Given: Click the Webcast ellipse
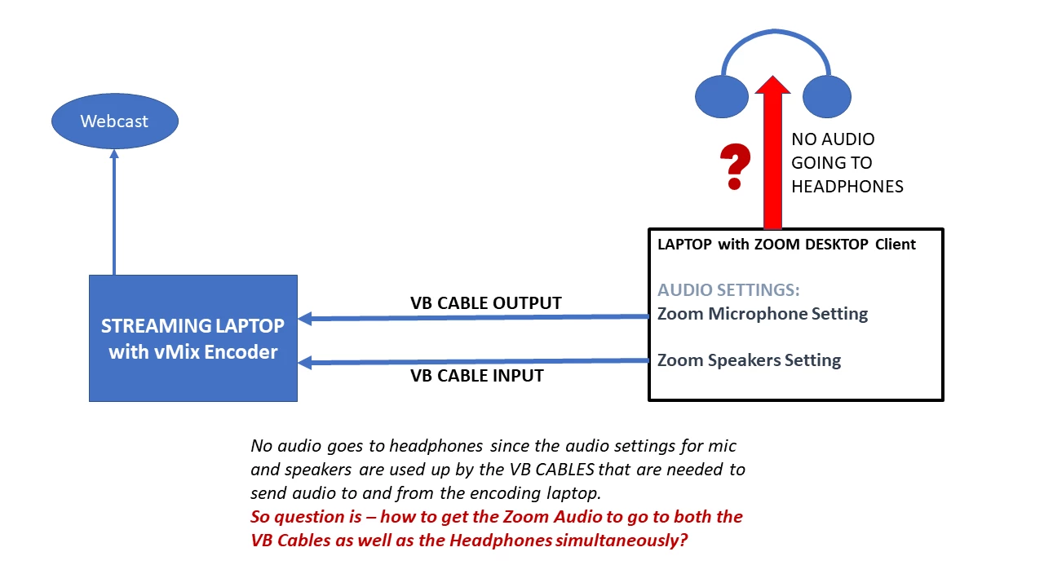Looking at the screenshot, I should point(114,121).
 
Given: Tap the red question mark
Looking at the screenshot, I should point(736,167).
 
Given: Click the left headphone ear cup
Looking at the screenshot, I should point(722,96).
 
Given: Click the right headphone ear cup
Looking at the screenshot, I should point(827,96).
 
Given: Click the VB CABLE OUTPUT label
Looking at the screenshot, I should point(485,303).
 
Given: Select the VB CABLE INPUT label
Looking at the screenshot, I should point(476,376).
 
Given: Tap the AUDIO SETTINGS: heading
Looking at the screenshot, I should point(728,290).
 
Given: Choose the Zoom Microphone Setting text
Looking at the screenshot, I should point(762,314).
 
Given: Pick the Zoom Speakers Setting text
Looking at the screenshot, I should point(749,360).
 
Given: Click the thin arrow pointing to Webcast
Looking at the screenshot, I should point(114,212).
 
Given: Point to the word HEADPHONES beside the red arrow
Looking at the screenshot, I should point(847,187).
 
